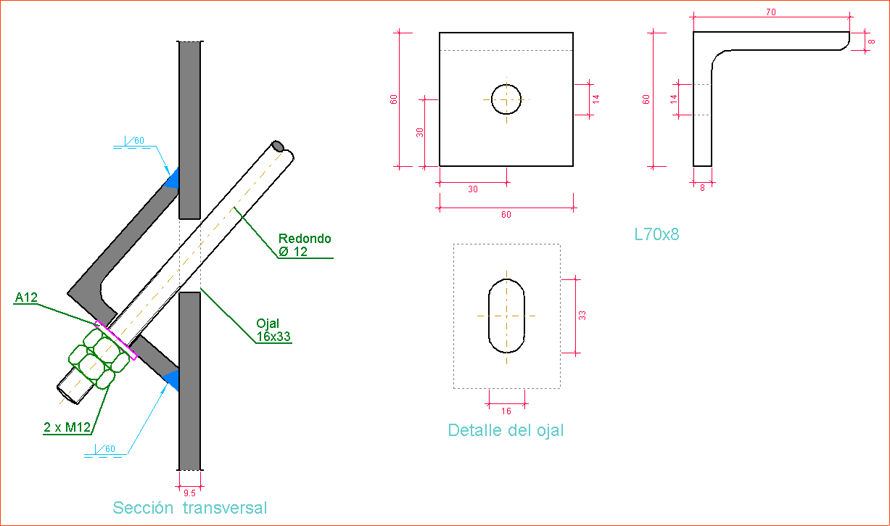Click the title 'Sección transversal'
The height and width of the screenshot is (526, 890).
[x=190, y=508]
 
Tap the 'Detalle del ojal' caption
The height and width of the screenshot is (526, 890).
[x=506, y=430]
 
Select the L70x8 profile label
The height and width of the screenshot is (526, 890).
[x=656, y=234]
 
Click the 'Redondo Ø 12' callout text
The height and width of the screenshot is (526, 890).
[x=305, y=245]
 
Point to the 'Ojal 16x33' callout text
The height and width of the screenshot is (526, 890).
[x=273, y=330]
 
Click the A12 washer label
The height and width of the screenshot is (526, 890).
[x=26, y=297]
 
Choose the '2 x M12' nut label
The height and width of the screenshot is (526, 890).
[x=66, y=427]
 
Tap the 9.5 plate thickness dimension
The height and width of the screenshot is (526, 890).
[x=189, y=493]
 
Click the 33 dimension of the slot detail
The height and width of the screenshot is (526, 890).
[x=582, y=315]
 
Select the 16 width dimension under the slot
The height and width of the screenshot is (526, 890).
[x=506, y=411]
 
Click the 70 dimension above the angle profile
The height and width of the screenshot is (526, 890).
[x=770, y=12]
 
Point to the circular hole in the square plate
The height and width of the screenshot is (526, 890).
[x=506, y=99]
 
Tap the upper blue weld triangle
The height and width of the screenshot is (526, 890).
[x=172, y=179]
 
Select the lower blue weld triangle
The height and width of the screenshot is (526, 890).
[x=172, y=379]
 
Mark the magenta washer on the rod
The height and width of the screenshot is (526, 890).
[x=116, y=340]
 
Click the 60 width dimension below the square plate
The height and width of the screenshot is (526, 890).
[x=506, y=215]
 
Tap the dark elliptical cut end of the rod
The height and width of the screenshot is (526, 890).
[x=278, y=147]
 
